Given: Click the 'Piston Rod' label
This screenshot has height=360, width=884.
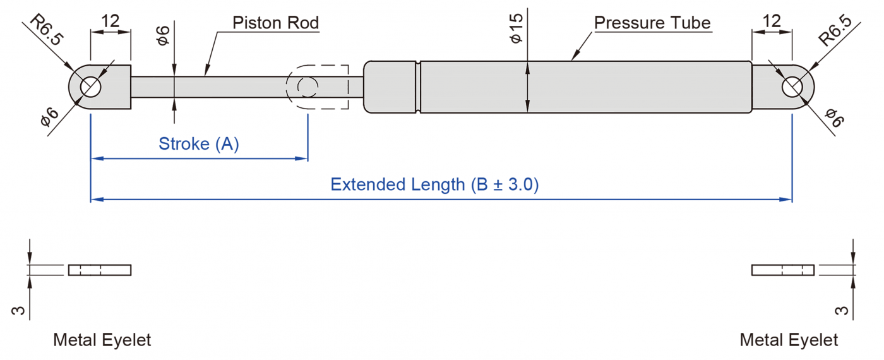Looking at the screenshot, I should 275,23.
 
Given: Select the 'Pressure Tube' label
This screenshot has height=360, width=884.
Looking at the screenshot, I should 652,23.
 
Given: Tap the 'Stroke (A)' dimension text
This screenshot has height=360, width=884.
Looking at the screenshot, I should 199,144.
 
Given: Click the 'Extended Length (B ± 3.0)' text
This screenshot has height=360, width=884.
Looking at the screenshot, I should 434,184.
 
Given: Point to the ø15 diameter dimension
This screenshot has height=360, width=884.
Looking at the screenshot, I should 517,29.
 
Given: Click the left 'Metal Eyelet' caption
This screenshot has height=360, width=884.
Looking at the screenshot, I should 102,340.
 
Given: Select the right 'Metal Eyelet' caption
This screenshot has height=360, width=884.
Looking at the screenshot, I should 789,340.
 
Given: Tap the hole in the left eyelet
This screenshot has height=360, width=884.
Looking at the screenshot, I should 91,87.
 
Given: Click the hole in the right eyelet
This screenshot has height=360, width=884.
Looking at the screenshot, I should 792,87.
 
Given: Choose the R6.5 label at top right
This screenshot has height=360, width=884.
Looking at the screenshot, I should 835,32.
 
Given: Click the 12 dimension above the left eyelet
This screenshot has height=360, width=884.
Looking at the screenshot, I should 110,21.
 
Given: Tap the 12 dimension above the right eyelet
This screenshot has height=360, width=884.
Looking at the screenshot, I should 772,21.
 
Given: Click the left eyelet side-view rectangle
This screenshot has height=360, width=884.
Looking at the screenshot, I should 100,270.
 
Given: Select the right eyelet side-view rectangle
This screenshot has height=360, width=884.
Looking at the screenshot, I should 783,270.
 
